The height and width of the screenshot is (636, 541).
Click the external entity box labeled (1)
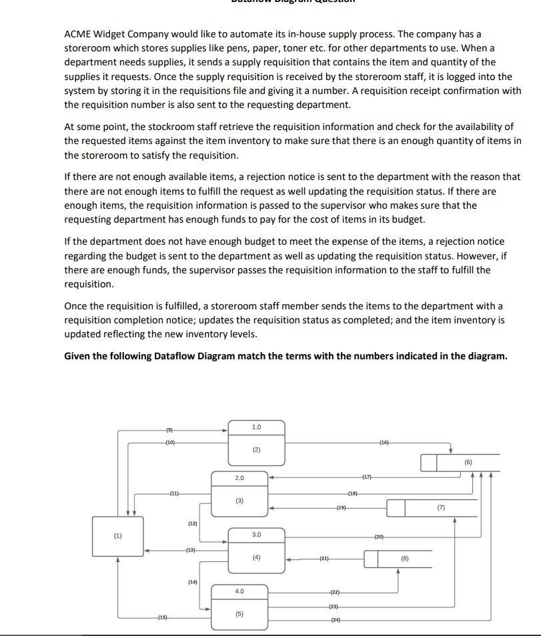point(118,535)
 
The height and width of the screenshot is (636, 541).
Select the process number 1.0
point(257,427)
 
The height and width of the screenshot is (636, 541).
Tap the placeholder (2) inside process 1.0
point(257,450)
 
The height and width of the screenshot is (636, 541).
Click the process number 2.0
point(240,478)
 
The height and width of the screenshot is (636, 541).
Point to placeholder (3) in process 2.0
point(239,501)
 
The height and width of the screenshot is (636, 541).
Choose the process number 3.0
point(257,535)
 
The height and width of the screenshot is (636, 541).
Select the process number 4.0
point(239,591)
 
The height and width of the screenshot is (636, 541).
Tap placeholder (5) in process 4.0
point(239,614)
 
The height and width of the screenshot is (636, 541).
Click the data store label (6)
point(468,461)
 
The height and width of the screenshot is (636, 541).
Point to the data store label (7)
point(441,508)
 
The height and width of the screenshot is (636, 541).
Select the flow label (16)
point(384,443)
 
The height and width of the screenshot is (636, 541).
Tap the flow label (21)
point(324,558)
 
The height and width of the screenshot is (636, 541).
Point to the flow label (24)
point(336,620)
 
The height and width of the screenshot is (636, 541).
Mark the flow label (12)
point(192,524)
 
